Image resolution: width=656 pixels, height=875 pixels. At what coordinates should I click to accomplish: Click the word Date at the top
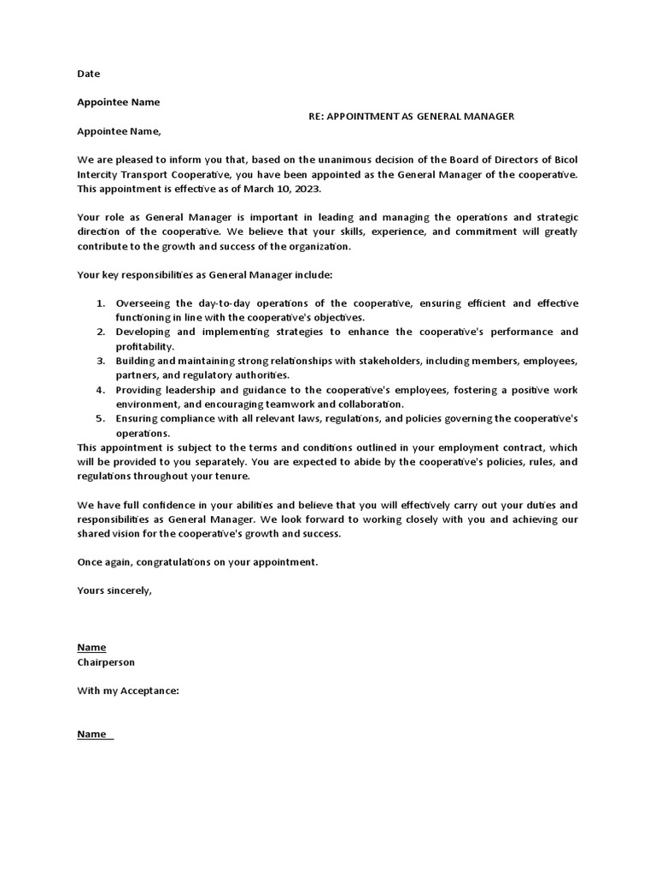coord(88,74)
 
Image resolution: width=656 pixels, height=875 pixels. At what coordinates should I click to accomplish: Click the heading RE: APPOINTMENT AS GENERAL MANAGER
coord(412,117)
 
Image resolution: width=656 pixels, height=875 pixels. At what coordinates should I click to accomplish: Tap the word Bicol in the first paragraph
coord(563,160)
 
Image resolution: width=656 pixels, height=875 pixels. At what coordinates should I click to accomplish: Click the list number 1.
coord(99,303)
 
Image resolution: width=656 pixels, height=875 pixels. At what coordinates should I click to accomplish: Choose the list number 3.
coord(99,361)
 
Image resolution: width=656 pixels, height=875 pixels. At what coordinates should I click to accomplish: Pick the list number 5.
coord(99,419)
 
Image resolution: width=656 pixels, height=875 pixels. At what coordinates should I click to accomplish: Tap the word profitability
coord(143,347)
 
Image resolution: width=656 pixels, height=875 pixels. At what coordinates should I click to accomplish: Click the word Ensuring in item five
coord(138,419)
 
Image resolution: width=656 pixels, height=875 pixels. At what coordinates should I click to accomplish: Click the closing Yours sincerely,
coord(114,590)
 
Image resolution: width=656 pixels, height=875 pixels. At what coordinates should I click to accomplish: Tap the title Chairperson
coord(106,662)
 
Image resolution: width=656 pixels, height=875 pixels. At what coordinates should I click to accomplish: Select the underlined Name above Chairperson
coord(91,648)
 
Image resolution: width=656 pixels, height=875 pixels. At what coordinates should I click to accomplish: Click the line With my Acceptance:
coord(128,691)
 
